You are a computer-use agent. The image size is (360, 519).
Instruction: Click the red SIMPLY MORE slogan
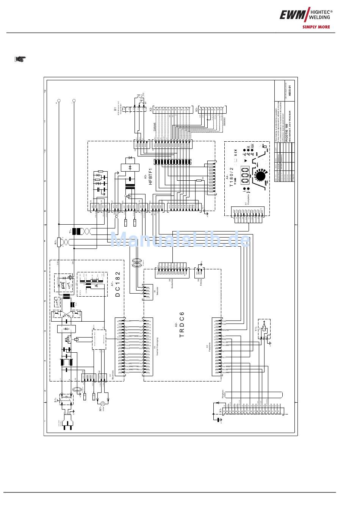pyautogui.click(x=316, y=27)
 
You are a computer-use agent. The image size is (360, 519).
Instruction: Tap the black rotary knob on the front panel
pyautogui.click(x=260, y=177)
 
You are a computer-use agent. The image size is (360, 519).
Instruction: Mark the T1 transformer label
pyautogui.click(x=70, y=231)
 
